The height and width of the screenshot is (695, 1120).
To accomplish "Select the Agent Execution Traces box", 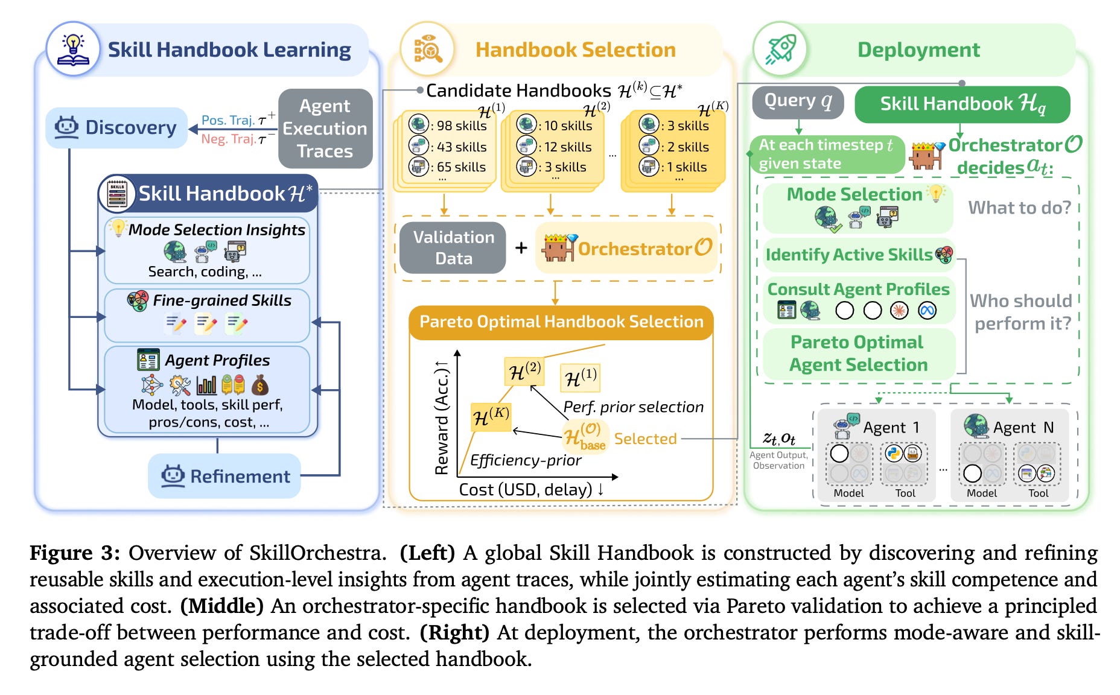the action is pos(325,129).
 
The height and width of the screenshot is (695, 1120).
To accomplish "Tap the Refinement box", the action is pos(224,476).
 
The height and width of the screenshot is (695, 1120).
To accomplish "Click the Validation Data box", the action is pos(453,248).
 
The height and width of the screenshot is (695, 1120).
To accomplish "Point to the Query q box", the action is pos(798,101).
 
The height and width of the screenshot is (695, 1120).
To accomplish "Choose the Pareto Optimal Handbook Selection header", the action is pos(561,322).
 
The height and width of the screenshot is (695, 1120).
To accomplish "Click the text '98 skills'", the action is pos(462,125).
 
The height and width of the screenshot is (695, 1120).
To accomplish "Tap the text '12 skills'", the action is pos(568,147).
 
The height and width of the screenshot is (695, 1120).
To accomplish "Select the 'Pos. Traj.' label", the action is pos(228,120).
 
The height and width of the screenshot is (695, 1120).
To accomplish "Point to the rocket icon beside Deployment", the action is pos(781,49).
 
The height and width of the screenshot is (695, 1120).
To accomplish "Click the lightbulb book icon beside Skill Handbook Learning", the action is pos(73,49).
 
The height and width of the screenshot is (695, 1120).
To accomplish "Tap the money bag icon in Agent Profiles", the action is pos(260,385).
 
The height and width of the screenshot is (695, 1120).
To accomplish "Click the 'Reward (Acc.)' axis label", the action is pos(442,417).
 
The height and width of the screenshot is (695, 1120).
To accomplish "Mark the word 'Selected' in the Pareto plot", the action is pos(645,439).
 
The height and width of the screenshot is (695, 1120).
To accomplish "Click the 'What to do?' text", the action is pos(1019,208).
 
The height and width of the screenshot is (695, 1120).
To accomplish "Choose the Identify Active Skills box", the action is pos(859,255).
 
